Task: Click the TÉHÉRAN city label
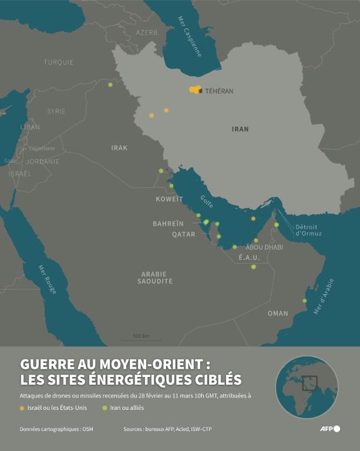[219, 91]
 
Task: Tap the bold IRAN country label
[240, 129]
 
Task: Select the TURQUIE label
[59, 62]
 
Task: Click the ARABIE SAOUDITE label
[155, 278]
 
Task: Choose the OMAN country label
[278, 314]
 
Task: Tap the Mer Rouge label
[48, 280]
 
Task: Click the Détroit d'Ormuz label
[306, 230]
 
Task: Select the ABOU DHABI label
[264, 247]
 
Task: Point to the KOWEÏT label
[170, 199]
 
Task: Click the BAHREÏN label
[168, 224]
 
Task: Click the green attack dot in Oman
[305, 301]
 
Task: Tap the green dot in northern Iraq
[110, 85]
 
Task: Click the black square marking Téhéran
[200, 91]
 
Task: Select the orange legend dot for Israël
[22, 408]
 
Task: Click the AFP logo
[329, 429]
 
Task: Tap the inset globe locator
[307, 386]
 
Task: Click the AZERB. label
[147, 33]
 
